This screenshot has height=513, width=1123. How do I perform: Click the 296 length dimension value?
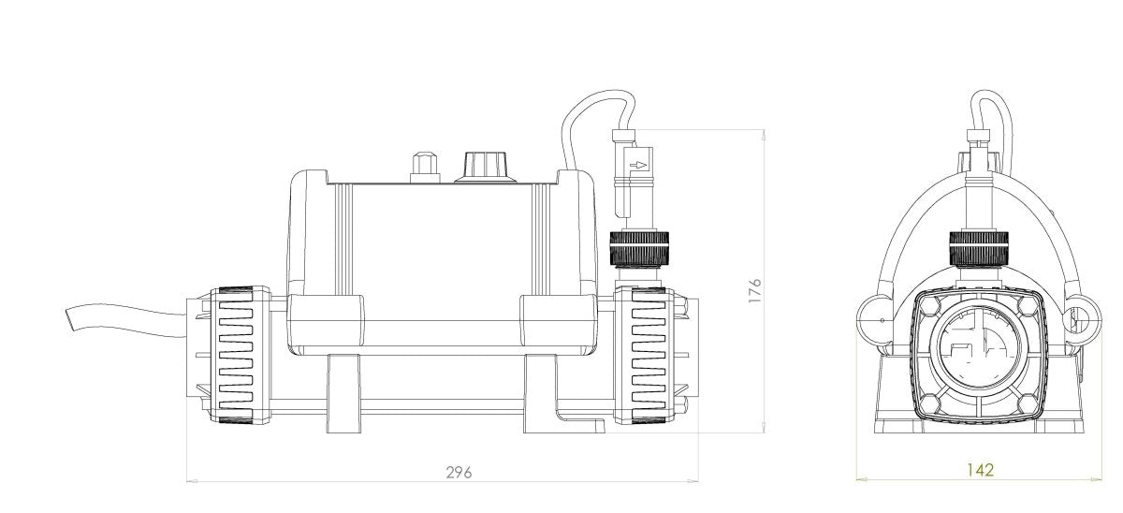tap(459, 472)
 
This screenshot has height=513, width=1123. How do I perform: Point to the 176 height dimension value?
tap(755, 290)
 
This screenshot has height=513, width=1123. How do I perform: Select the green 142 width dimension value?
tap(981, 470)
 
